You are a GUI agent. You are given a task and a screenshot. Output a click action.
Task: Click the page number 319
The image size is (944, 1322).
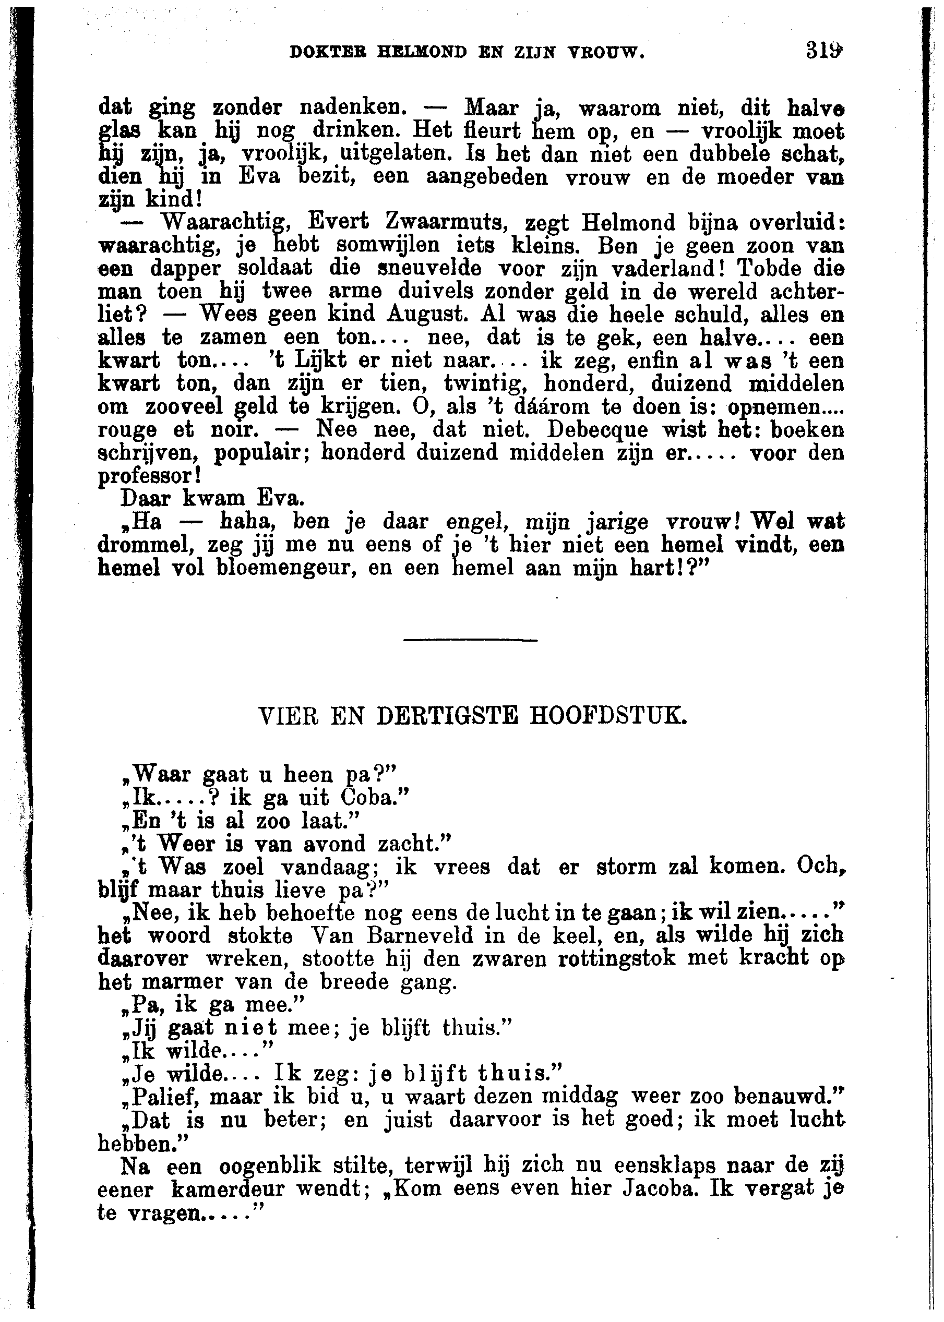[x=823, y=52]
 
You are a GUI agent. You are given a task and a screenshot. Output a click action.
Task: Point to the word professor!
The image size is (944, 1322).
[x=150, y=476]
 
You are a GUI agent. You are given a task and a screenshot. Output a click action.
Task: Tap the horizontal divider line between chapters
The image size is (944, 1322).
[x=470, y=640]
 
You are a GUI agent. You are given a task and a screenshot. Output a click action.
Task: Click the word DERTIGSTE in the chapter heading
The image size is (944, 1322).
[x=447, y=716]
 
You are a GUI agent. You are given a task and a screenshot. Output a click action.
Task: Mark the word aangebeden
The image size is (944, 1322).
[x=487, y=177]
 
